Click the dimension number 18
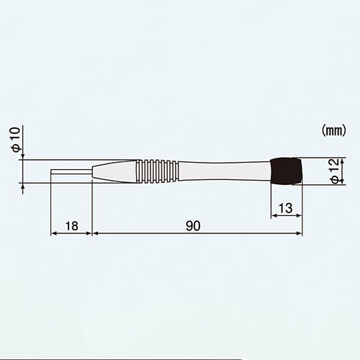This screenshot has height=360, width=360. [x=72, y=226]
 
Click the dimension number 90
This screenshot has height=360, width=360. [x=193, y=226]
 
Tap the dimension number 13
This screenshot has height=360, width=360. [x=286, y=208]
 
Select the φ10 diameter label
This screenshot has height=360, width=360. [x=16, y=140]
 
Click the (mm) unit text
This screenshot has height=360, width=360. [x=334, y=131]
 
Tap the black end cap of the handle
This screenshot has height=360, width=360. [x=286, y=171]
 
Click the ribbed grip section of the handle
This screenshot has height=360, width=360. [x=157, y=171]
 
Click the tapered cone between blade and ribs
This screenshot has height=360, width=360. [x=114, y=171]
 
